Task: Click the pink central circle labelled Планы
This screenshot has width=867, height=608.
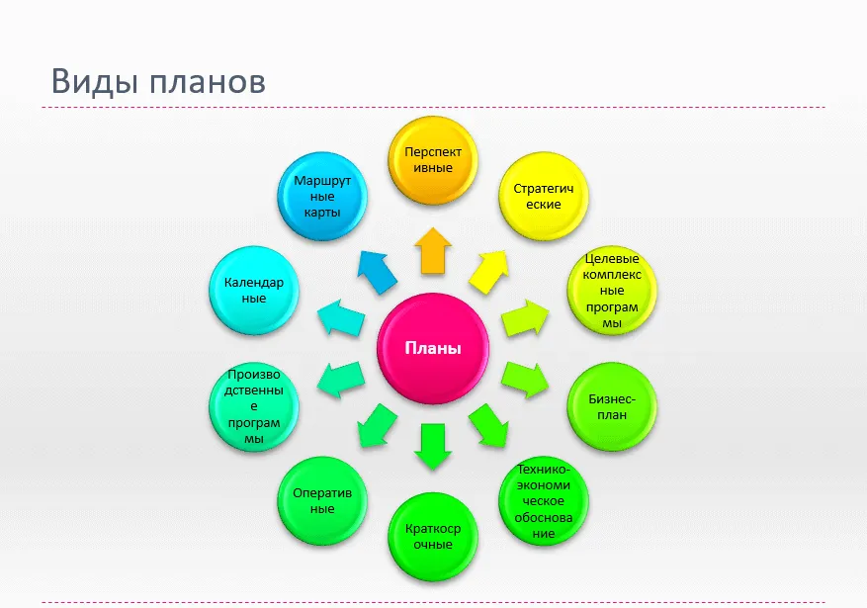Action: (433, 348)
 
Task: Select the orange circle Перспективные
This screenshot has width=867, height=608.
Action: (433, 160)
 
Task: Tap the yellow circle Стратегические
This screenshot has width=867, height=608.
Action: (544, 196)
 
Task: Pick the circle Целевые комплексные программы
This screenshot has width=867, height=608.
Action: (612, 291)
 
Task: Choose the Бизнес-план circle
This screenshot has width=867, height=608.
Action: (612, 406)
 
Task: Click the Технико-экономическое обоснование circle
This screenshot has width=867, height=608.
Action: (544, 501)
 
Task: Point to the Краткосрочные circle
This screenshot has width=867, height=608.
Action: (433, 537)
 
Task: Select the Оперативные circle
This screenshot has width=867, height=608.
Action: (322, 501)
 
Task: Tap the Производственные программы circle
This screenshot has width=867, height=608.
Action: (254, 406)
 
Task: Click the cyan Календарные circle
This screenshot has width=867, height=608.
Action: (254, 291)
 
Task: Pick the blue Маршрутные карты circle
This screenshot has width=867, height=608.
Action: (322, 196)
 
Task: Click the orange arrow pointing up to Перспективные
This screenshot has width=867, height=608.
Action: (433, 251)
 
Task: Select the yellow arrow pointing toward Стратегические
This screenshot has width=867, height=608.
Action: (488, 272)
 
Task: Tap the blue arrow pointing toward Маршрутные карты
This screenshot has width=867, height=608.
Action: (377, 272)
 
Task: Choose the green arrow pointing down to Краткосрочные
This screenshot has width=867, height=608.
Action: (433, 447)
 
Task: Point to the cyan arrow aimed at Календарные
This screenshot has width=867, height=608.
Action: (341, 317)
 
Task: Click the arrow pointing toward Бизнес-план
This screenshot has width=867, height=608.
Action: (525, 380)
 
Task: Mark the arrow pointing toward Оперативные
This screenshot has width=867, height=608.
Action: (377, 425)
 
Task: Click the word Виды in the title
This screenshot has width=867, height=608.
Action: (95, 81)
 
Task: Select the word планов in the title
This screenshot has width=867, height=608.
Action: (208, 82)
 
